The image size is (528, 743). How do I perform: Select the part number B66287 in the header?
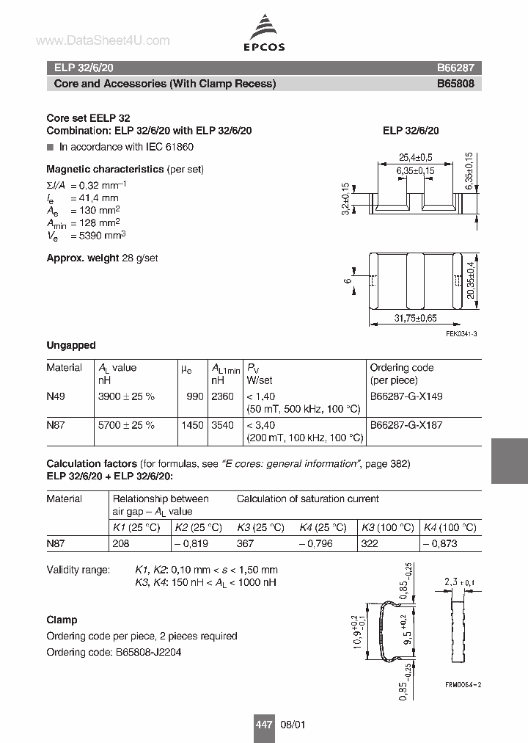(455, 67)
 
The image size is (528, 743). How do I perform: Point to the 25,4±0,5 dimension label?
(416, 157)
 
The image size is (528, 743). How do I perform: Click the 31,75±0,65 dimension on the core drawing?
(416, 318)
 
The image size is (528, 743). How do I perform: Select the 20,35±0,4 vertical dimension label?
(470, 281)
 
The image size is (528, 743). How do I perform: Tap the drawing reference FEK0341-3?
(461, 335)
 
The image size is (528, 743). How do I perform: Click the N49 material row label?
(56, 396)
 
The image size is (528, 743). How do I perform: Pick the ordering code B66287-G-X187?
(406, 425)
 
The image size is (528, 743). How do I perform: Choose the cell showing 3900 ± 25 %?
(126, 396)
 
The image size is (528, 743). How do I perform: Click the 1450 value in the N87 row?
(192, 425)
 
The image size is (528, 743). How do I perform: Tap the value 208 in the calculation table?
(120, 544)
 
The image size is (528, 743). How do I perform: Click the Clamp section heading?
(62, 620)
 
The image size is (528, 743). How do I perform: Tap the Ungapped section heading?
(71, 345)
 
